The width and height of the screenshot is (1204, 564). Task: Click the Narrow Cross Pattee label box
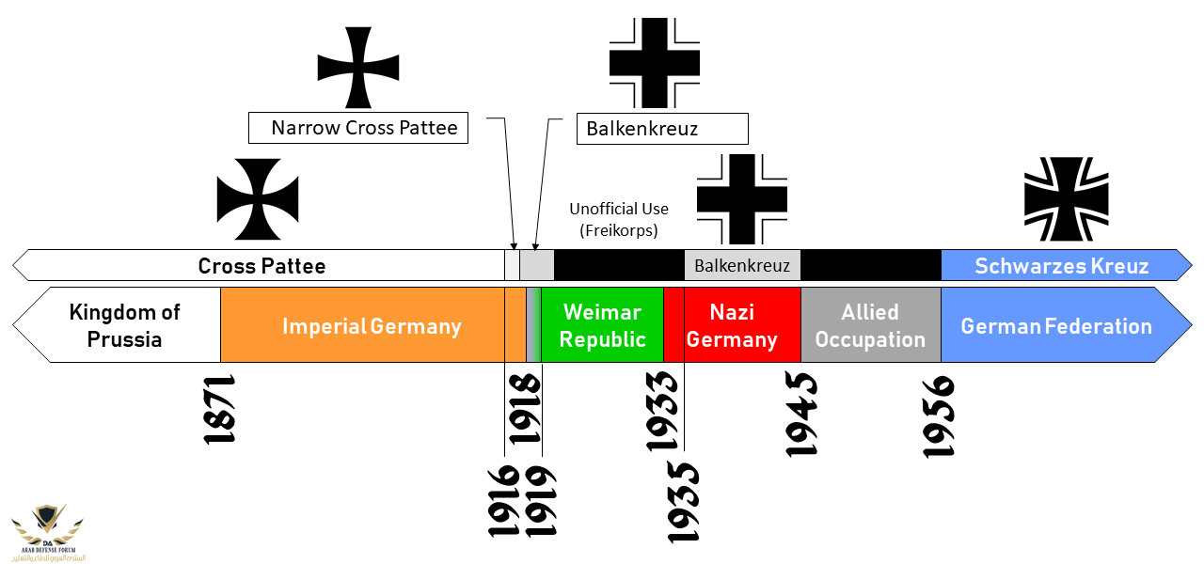click(357, 128)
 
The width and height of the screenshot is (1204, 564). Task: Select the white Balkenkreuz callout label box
click(661, 129)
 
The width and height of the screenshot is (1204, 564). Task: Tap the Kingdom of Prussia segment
click(124, 325)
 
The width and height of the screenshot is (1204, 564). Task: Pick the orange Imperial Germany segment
click(372, 326)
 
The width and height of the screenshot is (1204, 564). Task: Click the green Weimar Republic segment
click(602, 325)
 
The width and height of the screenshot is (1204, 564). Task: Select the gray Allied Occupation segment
click(870, 325)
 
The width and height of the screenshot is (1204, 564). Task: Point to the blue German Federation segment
click(1056, 326)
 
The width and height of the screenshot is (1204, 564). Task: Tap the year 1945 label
click(801, 414)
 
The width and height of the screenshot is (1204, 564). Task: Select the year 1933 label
click(662, 410)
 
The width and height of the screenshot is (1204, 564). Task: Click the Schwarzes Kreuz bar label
click(1061, 266)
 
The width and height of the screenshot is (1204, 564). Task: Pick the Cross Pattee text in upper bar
click(261, 266)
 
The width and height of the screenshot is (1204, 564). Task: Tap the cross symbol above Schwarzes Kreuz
click(1066, 199)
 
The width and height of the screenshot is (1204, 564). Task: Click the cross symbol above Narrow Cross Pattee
click(357, 68)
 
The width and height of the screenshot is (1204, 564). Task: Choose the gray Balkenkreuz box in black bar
click(742, 266)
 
